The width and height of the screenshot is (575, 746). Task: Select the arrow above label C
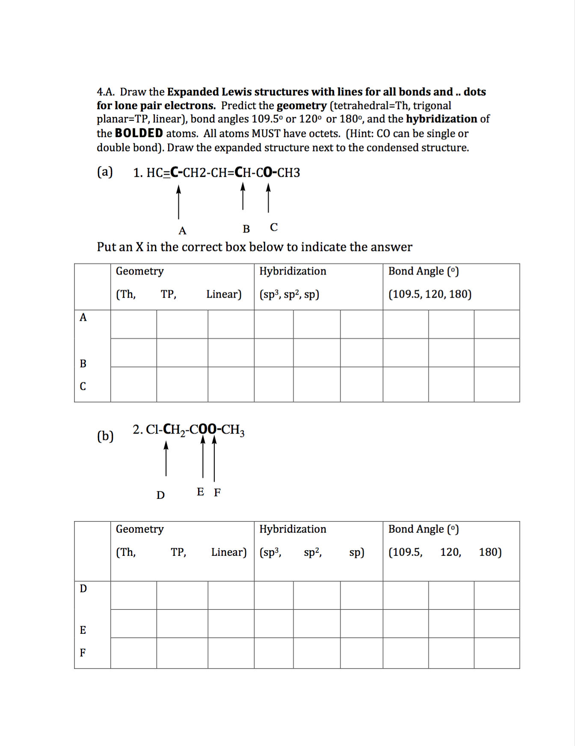268,198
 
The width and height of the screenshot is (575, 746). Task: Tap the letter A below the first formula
182,231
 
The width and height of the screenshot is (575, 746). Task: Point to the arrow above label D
166,459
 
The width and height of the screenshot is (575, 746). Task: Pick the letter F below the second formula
217,492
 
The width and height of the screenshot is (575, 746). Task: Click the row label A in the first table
83,317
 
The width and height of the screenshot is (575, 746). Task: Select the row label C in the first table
83,386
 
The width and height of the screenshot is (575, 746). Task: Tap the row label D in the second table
83,588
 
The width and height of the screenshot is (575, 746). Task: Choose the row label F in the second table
83,653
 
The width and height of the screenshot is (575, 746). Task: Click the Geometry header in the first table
139,271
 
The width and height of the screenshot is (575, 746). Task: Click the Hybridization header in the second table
293,529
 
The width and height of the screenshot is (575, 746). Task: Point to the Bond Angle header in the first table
423,271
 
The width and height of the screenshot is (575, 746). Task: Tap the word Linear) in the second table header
229,552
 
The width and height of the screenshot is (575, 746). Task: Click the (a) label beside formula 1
105,172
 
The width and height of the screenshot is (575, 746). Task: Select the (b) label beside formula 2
105,436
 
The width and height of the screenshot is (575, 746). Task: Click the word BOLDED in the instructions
139,133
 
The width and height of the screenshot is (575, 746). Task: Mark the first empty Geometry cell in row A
133,324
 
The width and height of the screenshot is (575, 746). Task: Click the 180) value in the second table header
490,552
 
